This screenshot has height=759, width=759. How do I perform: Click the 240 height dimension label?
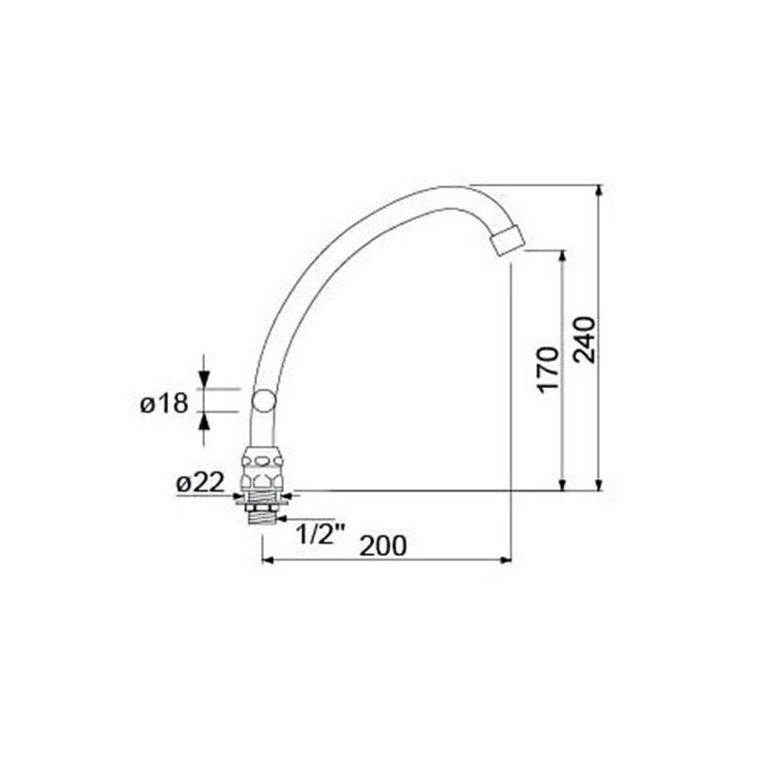(x=583, y=340)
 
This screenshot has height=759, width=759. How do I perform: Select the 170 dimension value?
(x=548, y=369)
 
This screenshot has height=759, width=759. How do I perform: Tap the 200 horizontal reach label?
(x=383, y=546)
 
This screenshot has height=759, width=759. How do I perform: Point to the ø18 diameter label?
(x=164, y=403)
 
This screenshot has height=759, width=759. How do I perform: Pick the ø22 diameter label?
(x=200, y=483)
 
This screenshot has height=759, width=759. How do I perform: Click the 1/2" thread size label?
(x=320, y=534)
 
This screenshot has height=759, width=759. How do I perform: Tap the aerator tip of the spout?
(x=508, y=239)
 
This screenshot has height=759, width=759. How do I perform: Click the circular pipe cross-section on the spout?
(x=265, y=400)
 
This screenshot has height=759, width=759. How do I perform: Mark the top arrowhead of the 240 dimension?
(x=600, y=191)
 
